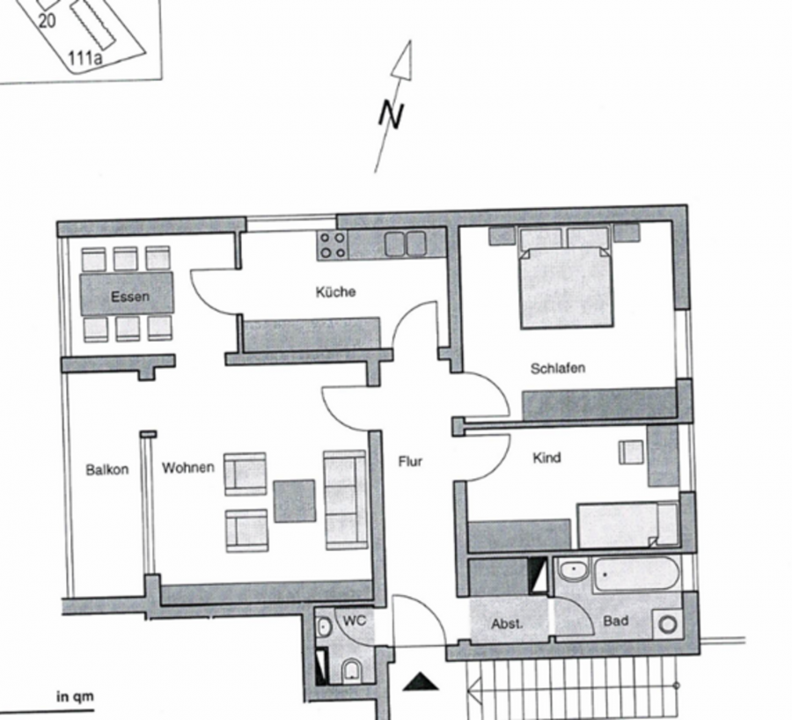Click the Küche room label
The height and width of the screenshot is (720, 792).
click(x=335, y=291)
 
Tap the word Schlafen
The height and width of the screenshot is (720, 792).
click(x=558, y=368)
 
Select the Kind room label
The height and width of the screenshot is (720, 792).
click(x=546, y=458)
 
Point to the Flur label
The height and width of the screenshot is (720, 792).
click(x=410, y=461)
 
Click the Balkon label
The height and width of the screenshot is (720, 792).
click(x=107, y=470)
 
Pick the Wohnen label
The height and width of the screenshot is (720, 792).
click(x=188, y=468)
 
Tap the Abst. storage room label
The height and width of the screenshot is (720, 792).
click(x=507, y=624)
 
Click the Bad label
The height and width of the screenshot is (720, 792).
click(x=616, y=621)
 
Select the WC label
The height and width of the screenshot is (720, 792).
click(x=354, y=621)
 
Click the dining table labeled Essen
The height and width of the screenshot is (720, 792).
click(x=127, y=294)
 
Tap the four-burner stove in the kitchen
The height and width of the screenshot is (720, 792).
click(x=333, y=245)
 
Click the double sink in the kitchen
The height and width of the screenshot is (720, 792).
click(x=405, y=244)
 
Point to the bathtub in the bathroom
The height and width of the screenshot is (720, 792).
click(x=636, y=574)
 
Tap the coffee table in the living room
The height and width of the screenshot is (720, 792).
click(x=295, y=501)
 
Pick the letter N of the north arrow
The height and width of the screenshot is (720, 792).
click(x=392, y=115)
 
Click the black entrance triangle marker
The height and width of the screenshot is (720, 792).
click(x=421, y=683)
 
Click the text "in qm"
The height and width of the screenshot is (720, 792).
click(x=75, y=697)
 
